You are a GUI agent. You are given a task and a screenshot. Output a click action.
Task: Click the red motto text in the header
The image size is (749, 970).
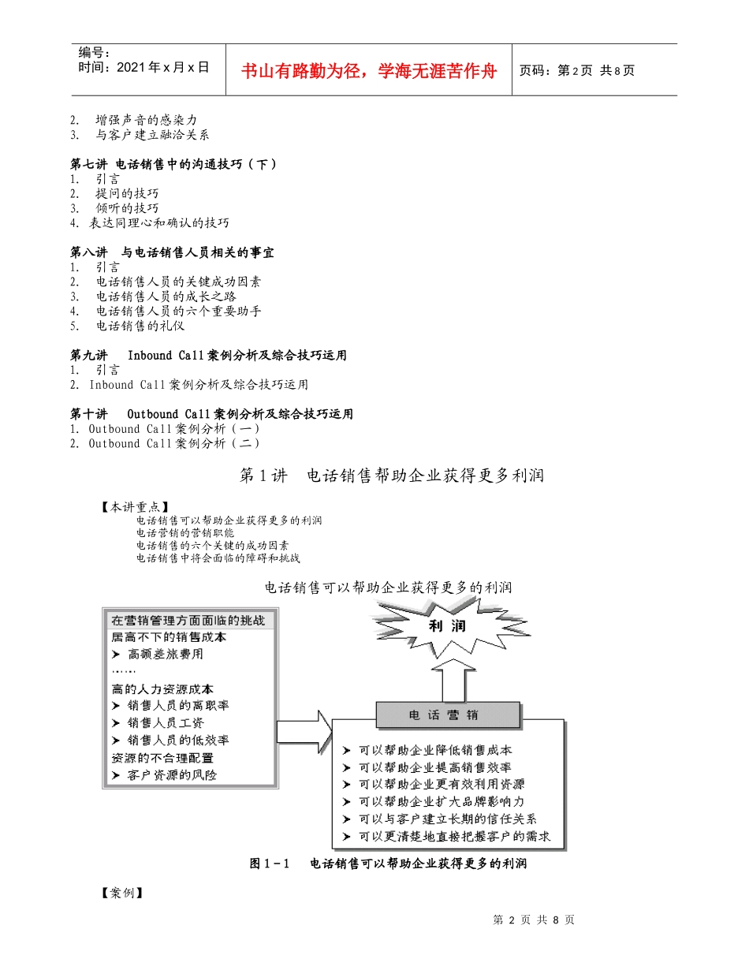click(x=369, y=71)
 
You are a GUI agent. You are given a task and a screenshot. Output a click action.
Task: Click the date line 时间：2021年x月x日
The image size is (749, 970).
click(x=144, y=68)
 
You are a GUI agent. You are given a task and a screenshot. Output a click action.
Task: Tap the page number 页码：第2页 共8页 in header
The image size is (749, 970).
click(x=576, y=71)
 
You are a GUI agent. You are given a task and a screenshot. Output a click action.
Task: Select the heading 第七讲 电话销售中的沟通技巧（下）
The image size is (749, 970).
click(x=173, y=164)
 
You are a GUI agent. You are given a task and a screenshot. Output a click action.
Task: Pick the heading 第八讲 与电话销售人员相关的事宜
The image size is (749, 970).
click(x=172, y=252)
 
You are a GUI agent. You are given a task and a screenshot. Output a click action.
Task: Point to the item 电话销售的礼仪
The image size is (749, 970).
click(x=140, y=326)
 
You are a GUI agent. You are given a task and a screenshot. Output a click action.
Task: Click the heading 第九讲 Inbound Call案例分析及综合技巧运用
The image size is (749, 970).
click(x=208, y=355)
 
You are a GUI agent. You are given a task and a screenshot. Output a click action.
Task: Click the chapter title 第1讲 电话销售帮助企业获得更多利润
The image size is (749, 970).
click(x=391, y=476)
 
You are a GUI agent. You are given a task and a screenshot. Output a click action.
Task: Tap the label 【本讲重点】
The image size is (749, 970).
click(x=134, y=507)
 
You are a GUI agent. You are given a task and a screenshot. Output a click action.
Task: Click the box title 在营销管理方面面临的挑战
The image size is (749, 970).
click(x=188, y=621)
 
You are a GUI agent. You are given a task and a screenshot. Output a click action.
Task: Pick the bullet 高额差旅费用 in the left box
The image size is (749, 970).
click(x=165, y=654)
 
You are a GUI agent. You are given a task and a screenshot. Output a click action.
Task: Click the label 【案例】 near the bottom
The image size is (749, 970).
click(x=121, y=894)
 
